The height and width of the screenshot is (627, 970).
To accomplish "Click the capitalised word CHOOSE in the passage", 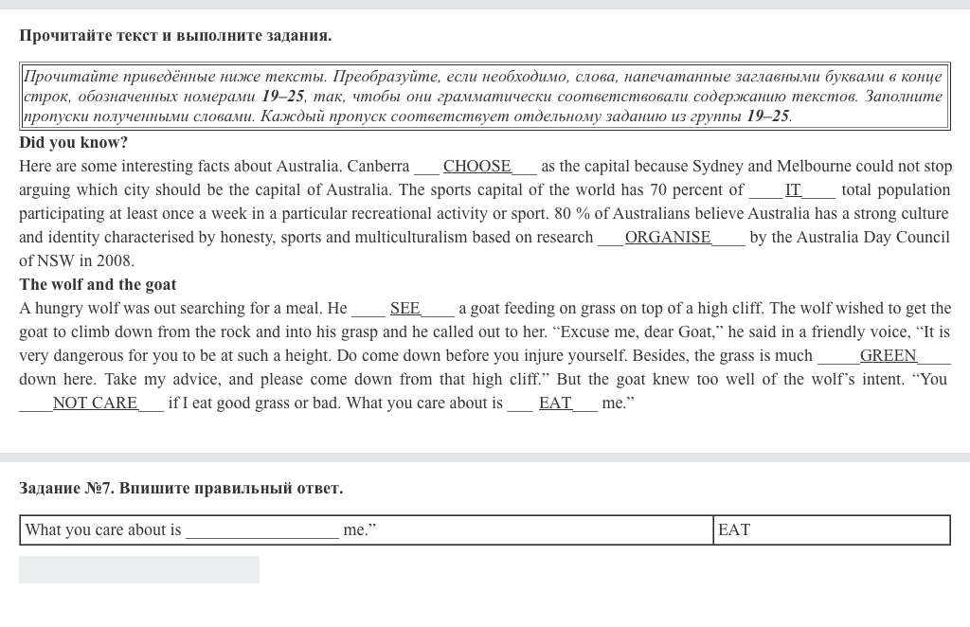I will [x=476, y=167].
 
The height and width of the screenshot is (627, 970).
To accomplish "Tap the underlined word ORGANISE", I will [x=668, y=238].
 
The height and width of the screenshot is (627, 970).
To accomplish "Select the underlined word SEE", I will [x=404, y=309].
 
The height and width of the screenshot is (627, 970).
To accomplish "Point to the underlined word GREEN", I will [x=888, y=356].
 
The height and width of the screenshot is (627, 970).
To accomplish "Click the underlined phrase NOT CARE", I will [x=95, y=403].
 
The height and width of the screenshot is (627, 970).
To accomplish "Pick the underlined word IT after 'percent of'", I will [x=793, y=190].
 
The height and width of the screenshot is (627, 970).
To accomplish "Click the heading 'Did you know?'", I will [x=73, y=143].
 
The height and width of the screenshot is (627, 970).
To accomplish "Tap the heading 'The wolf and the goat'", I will [x=98, y=285].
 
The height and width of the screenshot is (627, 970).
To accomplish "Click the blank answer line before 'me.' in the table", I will [x=261, y=530].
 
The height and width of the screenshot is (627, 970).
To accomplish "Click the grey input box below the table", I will [x=139, y=569].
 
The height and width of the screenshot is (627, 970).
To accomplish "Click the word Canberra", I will [x=378, y=167].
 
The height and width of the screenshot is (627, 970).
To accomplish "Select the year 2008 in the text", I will [x=116, y=261].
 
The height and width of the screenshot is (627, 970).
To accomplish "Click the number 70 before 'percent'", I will [x=657, y=190].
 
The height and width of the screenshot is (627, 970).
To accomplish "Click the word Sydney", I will [x=719, y=167].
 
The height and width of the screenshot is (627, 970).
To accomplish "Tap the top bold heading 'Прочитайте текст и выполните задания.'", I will [x=175, y=36].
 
